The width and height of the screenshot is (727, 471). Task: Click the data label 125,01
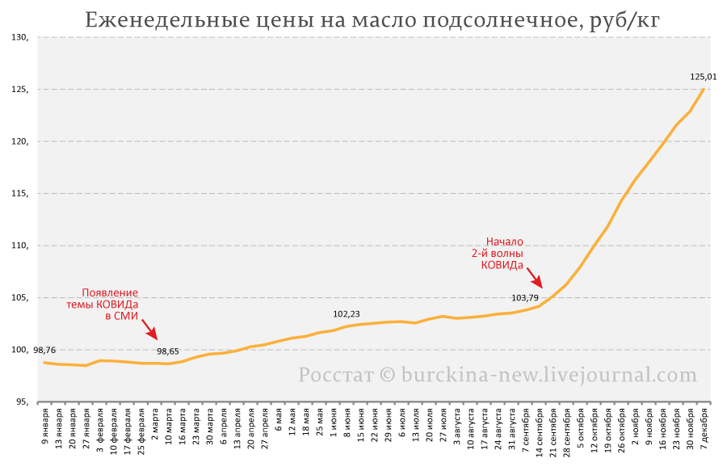[704, 77]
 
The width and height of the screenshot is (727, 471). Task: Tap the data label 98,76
[44, 350]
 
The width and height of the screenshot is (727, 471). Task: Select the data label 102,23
[347, 314]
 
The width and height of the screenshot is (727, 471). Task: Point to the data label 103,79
[525, 297]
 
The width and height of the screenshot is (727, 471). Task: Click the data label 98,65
[168, 351]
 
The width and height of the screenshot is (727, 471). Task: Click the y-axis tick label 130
[19, 37]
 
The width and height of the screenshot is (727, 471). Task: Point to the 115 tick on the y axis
[19, 194]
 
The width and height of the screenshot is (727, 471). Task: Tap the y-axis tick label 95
[22, 402]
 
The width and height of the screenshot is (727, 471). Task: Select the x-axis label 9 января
[45, 427]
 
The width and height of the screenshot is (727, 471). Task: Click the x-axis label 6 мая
[278, 420]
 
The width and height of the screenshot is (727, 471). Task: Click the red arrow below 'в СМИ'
[149, 329]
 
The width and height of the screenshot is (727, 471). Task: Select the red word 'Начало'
[504, 242]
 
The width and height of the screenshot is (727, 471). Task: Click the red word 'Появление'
[110, 292]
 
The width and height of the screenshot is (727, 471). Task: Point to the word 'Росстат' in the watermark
[336, 374]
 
